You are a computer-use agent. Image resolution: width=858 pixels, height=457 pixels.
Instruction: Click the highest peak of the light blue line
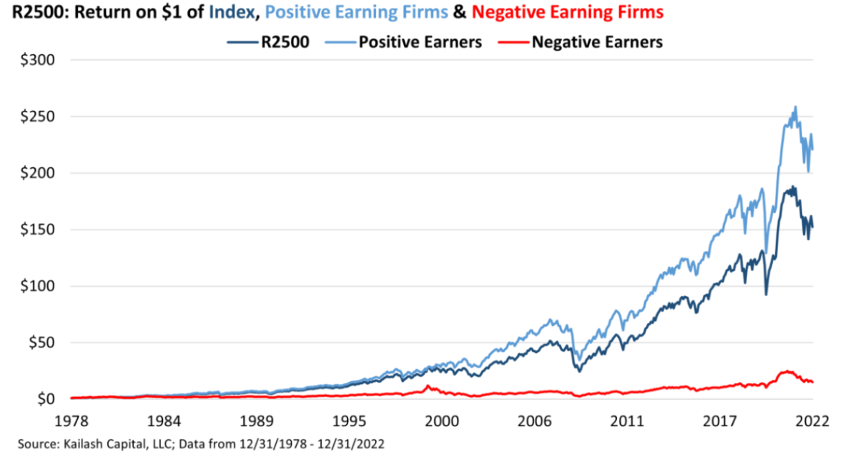(795, 107)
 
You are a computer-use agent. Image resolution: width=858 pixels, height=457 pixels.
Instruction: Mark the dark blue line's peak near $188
(792, 187)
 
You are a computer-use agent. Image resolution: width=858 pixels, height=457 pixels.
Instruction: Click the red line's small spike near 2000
(428, 386)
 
